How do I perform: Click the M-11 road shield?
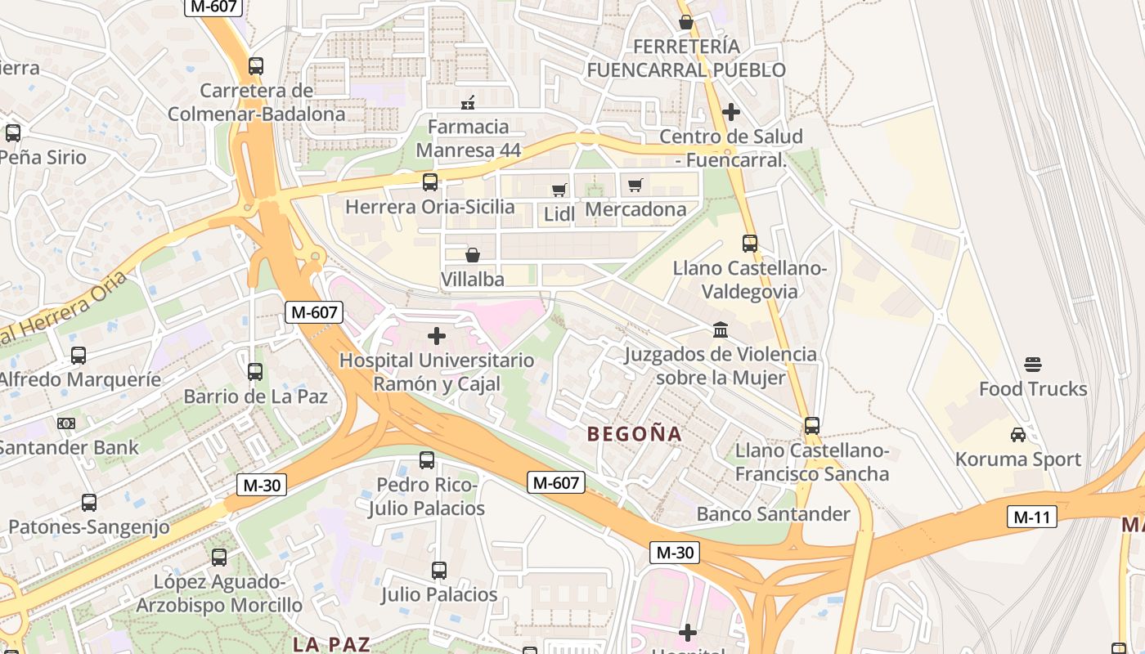[x=1031, y=517]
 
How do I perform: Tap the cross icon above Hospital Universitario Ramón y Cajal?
[x=437, y=336]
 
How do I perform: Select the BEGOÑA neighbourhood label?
[x=635, y=434]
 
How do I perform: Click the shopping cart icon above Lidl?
[x=559, y=190]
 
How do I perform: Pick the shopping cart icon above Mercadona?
[x=635, y=185]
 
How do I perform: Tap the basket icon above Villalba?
[x=473, y=255]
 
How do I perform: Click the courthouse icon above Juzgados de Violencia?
[x=721, y=329]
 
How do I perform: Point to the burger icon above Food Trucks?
[x=1033, y=365]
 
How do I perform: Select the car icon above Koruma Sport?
[x=1018, y=435]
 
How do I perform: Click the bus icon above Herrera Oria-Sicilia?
[x=429, y=182]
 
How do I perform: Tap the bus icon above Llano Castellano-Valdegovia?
[x=749, y=244]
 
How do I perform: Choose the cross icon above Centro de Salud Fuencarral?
[x=731, y=112]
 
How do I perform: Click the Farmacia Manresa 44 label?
[x=468, y=138]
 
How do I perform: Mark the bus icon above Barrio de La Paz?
[x=255, y=372]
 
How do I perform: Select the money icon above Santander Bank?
[x=66, y=423]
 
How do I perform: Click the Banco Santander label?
[x=773, y=514]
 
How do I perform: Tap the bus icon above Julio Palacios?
[x=439, y=571]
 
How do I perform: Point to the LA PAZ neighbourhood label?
[x=331, y=644]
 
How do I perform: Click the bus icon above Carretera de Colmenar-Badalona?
[x=256, y=66]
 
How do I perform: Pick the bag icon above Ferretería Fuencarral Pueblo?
[x=685, y=22]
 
